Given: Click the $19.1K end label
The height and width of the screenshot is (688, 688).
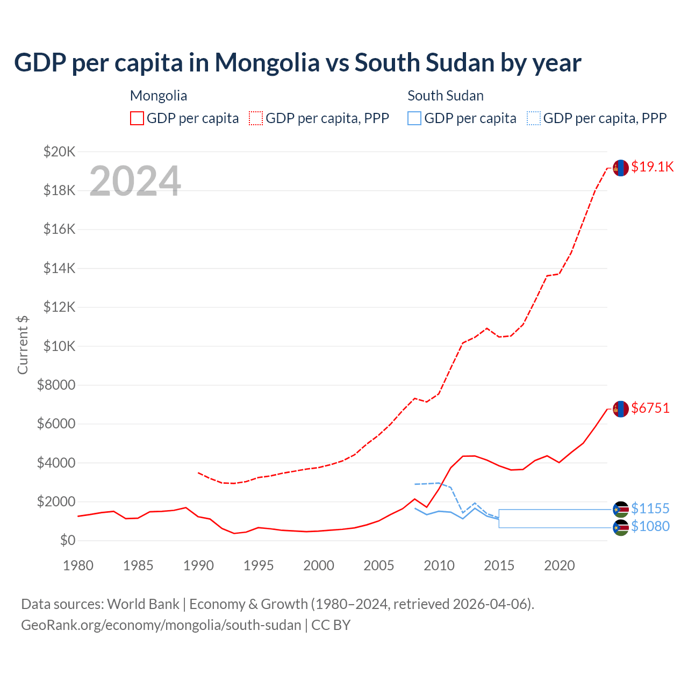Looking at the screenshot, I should click(x=652, y=167).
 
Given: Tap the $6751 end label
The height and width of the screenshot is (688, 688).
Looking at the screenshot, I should click(x=650, y=408).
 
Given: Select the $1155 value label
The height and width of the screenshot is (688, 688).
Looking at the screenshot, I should click(x=650, y=508).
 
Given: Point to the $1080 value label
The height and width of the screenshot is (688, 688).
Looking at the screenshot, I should click(x=650, y=526).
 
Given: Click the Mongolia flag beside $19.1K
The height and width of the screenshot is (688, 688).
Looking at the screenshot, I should click(x=621, y=168).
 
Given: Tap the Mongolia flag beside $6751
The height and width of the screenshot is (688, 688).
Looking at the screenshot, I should click(x=621, y=409).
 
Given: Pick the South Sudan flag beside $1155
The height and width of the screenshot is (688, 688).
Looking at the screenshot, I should click(x=621, y=510).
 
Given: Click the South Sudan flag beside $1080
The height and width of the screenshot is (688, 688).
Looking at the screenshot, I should click(x=621, y=528).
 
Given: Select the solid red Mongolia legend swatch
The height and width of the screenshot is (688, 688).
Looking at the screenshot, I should click(x=137, y=118).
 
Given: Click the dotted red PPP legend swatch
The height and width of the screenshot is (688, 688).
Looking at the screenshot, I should click(x=256, y=118).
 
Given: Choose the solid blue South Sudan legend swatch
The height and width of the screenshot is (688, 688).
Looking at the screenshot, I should click(x=414, y=118).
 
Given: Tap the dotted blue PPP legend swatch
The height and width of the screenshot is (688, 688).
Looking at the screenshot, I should click(x=534, y=118).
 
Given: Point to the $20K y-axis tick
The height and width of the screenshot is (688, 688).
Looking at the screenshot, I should click(x=59, y=152).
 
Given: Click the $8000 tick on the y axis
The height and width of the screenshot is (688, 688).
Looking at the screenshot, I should click(x=56, y=385).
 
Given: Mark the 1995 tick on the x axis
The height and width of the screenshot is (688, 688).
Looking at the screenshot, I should click(x=259, y=565).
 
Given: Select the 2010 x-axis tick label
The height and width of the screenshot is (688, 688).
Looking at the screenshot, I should click(x=439, y=565).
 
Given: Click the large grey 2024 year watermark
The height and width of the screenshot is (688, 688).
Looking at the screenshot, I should click(x=135, y=181).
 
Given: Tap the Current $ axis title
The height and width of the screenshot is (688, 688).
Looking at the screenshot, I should click(x=23, y=345).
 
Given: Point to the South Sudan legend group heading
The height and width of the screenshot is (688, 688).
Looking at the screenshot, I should click(x=446, y=96).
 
